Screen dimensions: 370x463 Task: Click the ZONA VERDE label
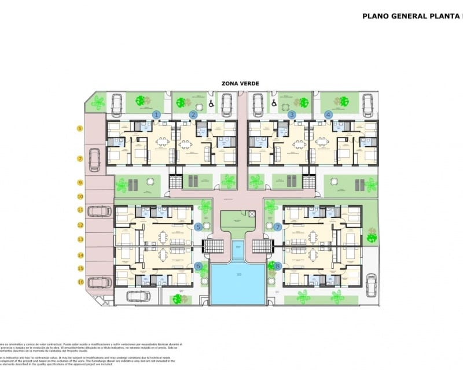coord(240,83)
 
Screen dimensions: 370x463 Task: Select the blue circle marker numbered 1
coord(156,114)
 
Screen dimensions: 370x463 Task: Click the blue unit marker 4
coord(329,114)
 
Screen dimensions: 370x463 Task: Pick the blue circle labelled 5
coord(198,227)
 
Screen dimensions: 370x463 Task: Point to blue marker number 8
coord(278,267)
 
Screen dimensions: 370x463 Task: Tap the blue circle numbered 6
coord(198,267)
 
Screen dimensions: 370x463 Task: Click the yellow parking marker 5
coord(80,128)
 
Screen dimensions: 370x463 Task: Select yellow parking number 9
coord(80,183)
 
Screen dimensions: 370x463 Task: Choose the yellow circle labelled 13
coord(80,239)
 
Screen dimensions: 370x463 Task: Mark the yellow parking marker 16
coord(80,282)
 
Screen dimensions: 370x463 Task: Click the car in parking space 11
coord(99,211)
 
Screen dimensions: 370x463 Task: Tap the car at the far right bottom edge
coord(371,284)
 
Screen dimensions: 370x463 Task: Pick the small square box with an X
coord(252,214)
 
